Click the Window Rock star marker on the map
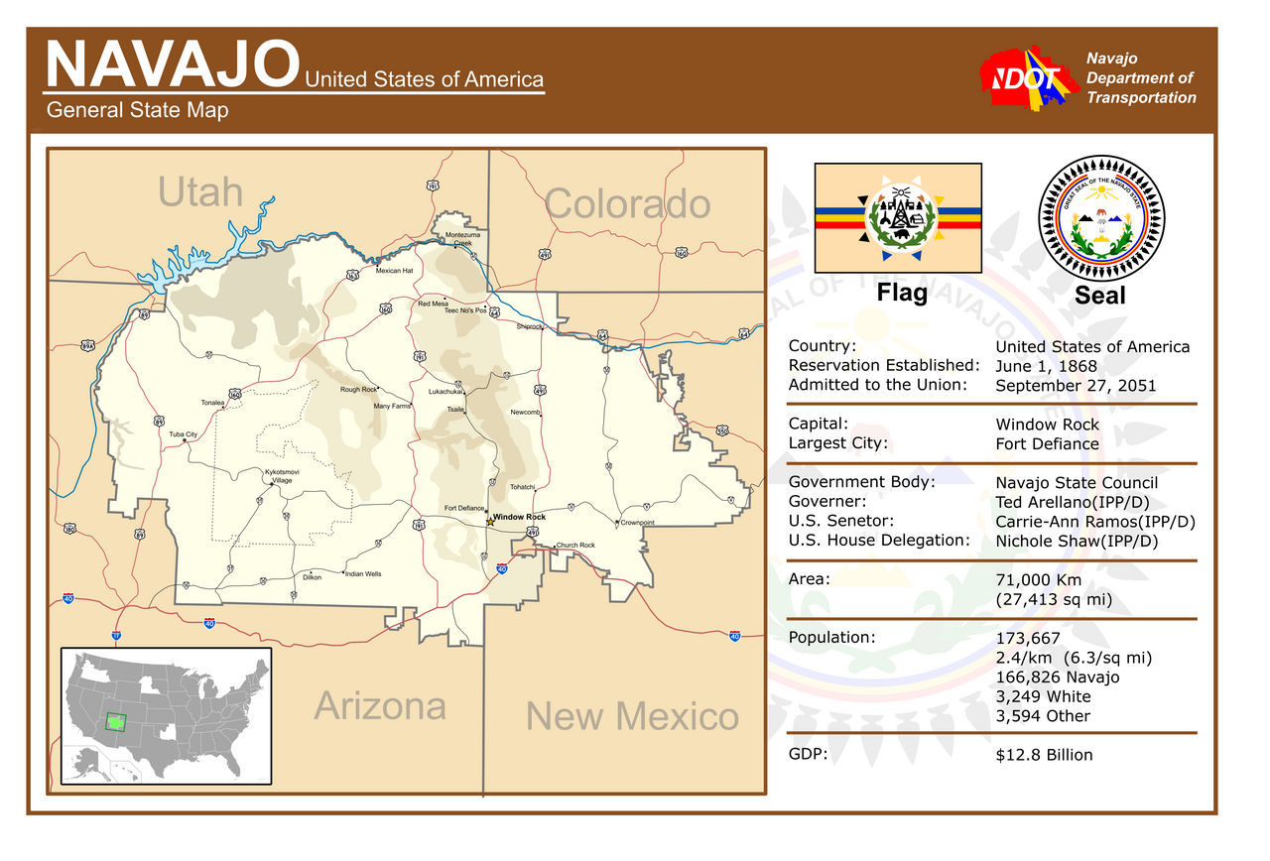coord(489,521)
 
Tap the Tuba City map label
coord(184,434)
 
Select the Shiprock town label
coord(530,326)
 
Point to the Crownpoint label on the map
coord(637,523)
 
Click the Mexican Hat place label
coord(394,271)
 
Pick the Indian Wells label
coord(363,574)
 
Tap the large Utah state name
coord(199,191)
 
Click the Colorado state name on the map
coord(627,204)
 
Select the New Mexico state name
coord(632,716)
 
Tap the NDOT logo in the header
coord(1028,78)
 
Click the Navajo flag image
coord(898,218)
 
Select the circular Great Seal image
coord(1101,218)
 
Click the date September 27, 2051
coord(1076,386)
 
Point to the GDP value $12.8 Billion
coord(1044,755)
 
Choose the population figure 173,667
coord(1028,639)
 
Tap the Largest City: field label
coord(837,443)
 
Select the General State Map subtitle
coord(137,110)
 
